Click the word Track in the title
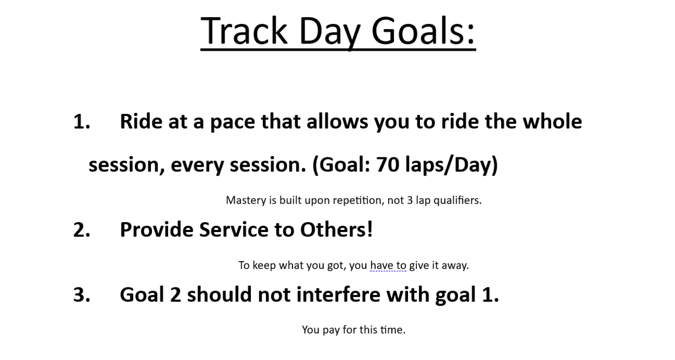click(244, 31)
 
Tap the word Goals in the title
click(423, 31)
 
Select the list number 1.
click(82, 122)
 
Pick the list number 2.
click(82, 230)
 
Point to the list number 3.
click(82, 295)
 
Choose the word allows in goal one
click(337, 121)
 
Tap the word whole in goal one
click(552, 121)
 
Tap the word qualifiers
click(458, 201)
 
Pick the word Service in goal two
click(234, 230)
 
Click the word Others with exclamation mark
click(336, 229)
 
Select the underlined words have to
click(388, 265)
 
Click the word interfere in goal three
click(339, 294)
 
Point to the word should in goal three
click(219, 294)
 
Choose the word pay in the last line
click(331, 330)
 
